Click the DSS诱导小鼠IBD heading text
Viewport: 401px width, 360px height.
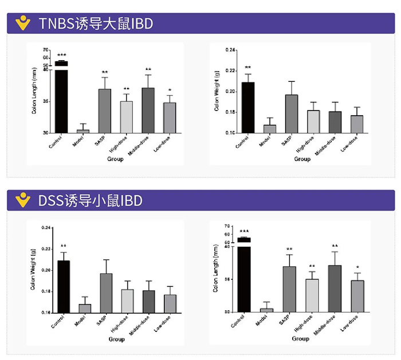(91, 201)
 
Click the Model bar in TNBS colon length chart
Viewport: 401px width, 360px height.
(83, 130)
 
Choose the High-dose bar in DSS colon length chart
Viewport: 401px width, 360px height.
(313, 295)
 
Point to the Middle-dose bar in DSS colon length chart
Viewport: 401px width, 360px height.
(335, 288)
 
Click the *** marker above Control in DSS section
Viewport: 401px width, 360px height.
(244, 232)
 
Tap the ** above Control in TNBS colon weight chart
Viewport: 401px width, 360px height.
(247, 68)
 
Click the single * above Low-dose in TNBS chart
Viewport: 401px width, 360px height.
(170, 90)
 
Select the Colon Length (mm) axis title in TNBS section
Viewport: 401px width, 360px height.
(34, 91)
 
